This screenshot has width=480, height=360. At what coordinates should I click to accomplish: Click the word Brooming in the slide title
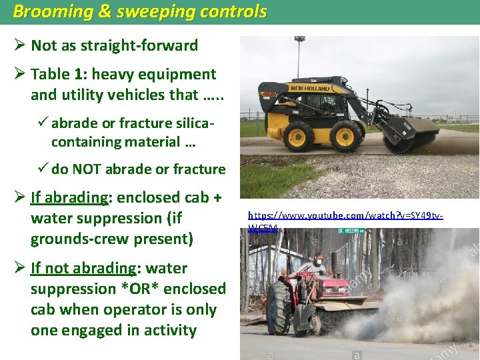tap(46, 12)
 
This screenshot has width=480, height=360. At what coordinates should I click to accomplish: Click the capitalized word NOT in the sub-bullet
tap(99, 169)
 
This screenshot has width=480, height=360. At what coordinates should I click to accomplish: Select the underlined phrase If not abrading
tap(83, 269)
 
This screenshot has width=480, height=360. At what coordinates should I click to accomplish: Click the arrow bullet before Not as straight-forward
tap(20, 46)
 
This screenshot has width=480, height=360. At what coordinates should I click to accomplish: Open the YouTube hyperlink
tap(345, 216)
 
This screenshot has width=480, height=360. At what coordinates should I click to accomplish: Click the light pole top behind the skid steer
tap(299, 39)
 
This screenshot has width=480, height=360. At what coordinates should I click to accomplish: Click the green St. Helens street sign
tap(349, 231)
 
